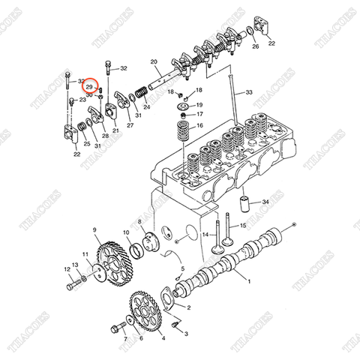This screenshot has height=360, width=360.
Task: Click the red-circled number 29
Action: (x=90, y=86)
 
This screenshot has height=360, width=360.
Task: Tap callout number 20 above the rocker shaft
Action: (x=153, y=61)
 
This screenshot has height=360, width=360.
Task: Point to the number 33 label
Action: (x=249, y=92)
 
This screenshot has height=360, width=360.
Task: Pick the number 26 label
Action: (x=256, y=46)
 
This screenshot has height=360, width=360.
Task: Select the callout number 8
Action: (x=139, y=222)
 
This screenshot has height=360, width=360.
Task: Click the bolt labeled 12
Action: (x=72, y=285)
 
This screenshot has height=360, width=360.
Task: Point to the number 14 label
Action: (x=202, y=235)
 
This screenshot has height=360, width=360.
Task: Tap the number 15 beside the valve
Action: (x=243, y=226)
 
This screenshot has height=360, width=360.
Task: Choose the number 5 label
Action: (x=183, y=268)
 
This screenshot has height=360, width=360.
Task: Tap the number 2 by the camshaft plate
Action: (x=188, y=307)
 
